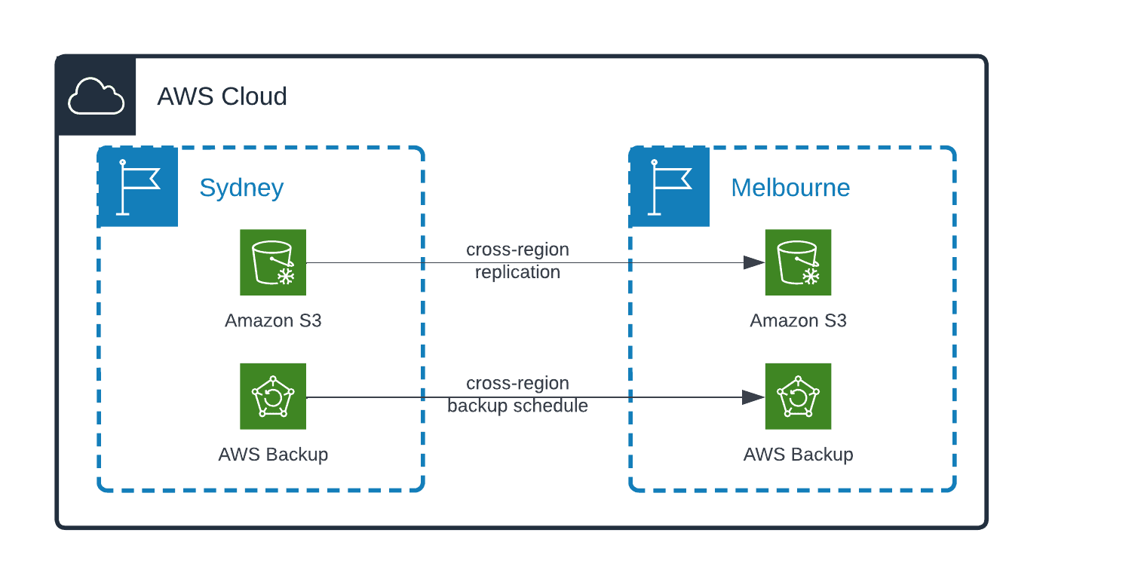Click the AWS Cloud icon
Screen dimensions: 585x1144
96,96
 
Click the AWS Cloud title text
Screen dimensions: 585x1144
222,96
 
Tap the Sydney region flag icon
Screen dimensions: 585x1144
138,187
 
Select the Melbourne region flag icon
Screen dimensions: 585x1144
670,187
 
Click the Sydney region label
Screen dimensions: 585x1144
241,187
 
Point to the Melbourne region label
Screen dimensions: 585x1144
790,187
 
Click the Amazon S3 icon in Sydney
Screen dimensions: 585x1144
273,262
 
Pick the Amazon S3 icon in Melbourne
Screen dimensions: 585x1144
798,262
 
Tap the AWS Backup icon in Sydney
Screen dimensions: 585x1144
273,396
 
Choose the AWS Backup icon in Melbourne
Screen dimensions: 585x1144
798,396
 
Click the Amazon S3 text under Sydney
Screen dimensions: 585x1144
273,320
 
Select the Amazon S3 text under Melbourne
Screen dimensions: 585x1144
798,320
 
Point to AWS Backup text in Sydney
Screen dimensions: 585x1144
273,455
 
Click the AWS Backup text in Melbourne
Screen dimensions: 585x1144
798,455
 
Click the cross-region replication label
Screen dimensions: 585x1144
517,260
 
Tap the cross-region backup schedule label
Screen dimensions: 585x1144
517,395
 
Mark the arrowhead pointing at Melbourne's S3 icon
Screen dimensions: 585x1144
753,262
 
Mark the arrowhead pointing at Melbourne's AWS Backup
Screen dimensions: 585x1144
753,397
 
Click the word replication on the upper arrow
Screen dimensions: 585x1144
517,272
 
